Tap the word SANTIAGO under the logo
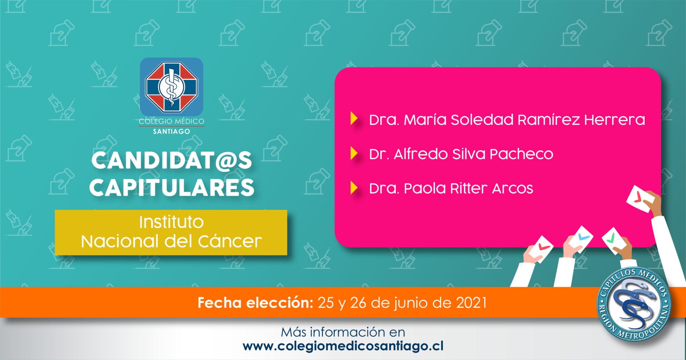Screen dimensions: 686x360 click(171, 131)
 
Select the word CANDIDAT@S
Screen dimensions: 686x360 click(172, 160)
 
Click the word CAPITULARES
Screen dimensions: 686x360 click(172, 187)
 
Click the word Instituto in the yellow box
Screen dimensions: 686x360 click(171, 222)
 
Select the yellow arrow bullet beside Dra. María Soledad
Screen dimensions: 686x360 click(354, 118)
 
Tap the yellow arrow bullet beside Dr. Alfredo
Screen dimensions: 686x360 click(354, 153)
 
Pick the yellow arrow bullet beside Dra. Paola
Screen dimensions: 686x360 click(354, 187)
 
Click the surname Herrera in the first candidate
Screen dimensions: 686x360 click(615, 120)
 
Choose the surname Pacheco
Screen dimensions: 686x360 click(521, 154)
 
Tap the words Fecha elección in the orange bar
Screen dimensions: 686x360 click(255, 303)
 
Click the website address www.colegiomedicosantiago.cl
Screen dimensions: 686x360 click(343, 346)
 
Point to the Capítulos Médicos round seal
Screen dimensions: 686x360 click(634, 304)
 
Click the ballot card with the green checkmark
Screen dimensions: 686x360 click(614, 240)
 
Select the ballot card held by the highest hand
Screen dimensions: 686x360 click(641, 199)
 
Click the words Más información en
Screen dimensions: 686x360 click(343, 332)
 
